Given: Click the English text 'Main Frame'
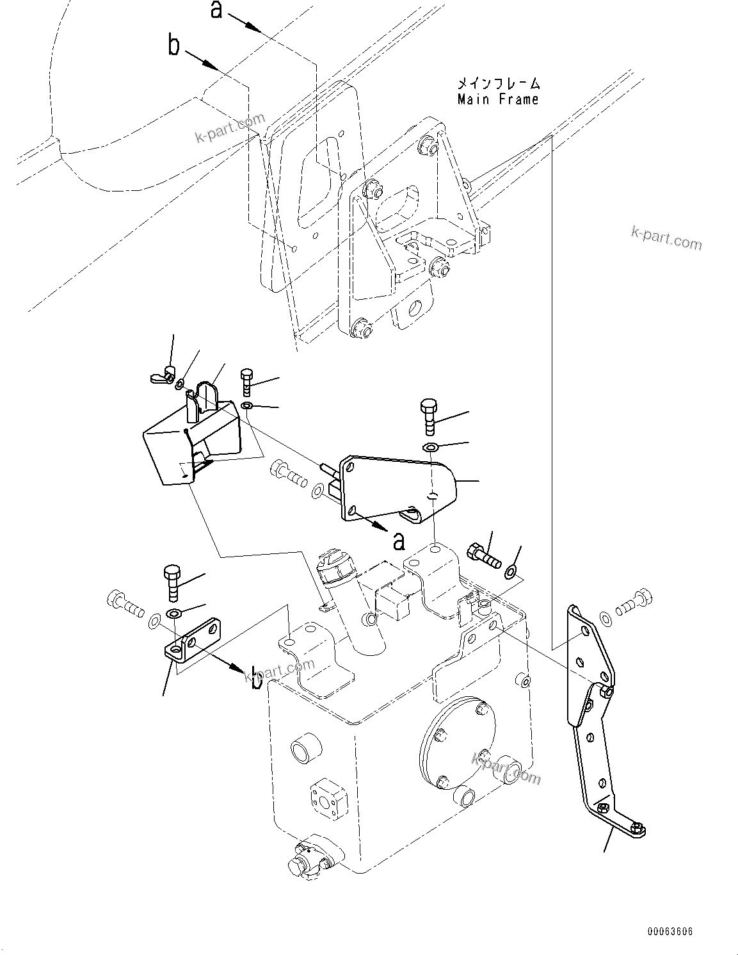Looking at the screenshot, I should pyautogui.click(x=497, y=99).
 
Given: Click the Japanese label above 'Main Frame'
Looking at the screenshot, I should pyautogui.click(x=498, y=83).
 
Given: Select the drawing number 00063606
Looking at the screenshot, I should pyautogui.click(x=670, y=931).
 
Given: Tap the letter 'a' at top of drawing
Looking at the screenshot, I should pyautogui.click(x=217, y=10).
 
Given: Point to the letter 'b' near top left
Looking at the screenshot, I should pyautogui.click(x=173, y=45).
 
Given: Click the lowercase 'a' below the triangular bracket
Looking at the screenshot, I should pyautogui.click(x=399, y=541).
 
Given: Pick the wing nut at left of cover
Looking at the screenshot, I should pyautogui.click(x=161, y=375).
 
